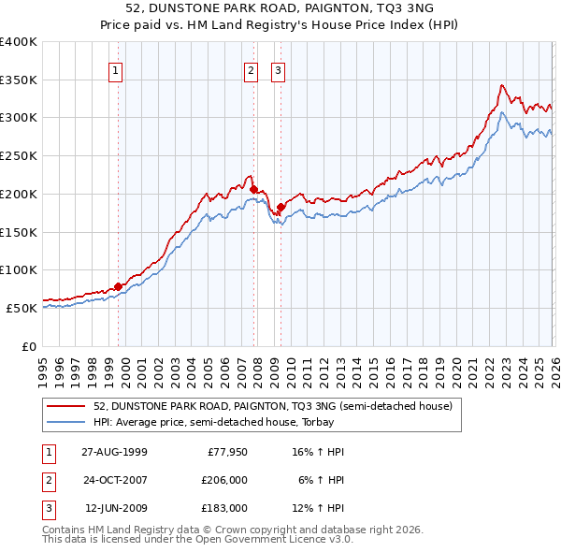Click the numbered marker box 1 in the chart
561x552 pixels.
(x=115, y=68)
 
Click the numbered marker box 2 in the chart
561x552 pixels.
(x=252, y=68)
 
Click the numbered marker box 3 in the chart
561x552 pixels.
(x=279, y=68)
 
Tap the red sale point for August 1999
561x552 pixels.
(x=119, y=286)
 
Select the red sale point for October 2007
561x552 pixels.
(x=253, y=189)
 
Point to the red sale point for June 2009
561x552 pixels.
(x=280, y=207)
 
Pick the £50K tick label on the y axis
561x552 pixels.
(x=22, y=308)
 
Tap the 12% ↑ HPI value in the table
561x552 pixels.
(x=318, y=508)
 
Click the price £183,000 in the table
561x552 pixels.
(x=224, y=508)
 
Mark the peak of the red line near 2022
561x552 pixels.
(x=502, y=85)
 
